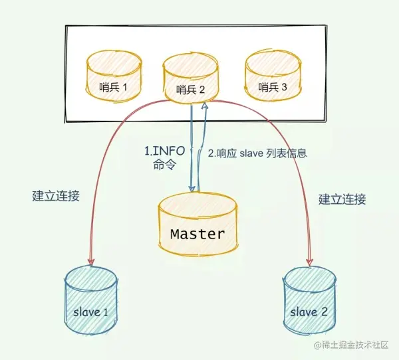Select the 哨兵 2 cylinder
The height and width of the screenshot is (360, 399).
pos(191,81)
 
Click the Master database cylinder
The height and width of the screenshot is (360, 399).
pos(198,226)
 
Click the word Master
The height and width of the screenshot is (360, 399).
pos(198,234)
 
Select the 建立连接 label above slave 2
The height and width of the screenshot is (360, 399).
pos(342,199)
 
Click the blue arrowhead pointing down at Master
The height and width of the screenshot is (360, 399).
pos(192,189)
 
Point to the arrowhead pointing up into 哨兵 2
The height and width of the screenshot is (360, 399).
pos(205,107)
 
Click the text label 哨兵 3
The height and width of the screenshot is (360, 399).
pos(273,87)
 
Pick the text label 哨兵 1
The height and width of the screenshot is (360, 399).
pos(114,87)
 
